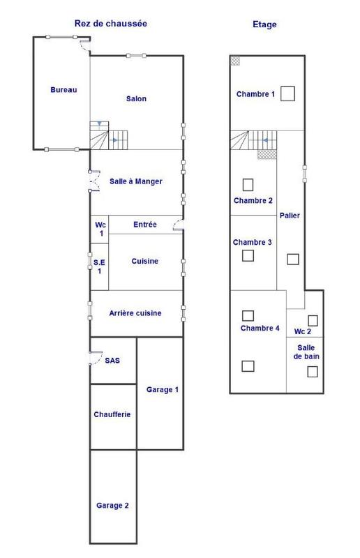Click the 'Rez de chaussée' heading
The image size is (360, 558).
(x=110, y=24)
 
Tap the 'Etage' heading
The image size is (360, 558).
(x=264, y=24)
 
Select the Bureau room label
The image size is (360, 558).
(x=63, y=90)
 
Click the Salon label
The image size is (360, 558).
(x=136, y=99)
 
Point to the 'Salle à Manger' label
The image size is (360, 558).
(x=136, y=181)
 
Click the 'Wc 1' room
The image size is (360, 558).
(x=100, y=229)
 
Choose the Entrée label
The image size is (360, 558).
(x=144, y=225)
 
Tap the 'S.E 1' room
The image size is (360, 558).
(x=99, y=266)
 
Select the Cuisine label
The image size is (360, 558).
(x=145, y=262)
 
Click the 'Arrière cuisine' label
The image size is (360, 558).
(x=136, y=313)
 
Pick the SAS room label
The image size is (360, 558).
(x=112, y=361)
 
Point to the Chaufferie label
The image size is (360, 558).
(x=112, y=414)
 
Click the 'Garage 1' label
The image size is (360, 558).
(x=162, y=389)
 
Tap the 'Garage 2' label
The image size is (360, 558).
(x=112, y=506)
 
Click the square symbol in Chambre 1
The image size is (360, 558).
(x=288, y=93)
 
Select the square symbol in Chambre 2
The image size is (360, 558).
(x=248, y=185)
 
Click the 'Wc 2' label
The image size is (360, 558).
(x=302, y=331)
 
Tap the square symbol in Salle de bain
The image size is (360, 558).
(x=313, y=372)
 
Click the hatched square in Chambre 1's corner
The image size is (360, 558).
(x=235, y=61)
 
